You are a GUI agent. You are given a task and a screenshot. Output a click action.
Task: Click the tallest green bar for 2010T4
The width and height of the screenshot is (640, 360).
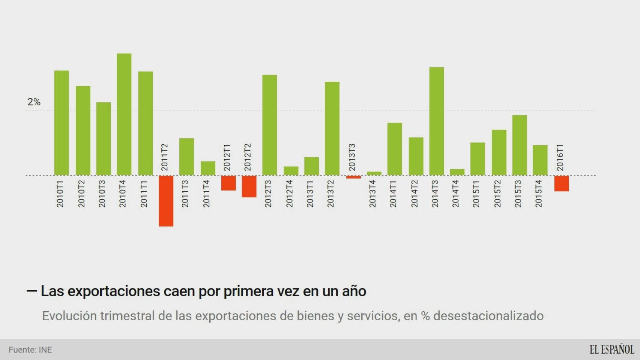click(124, 114)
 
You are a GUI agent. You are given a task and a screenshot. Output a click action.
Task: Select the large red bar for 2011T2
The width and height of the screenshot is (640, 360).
click(166, 201)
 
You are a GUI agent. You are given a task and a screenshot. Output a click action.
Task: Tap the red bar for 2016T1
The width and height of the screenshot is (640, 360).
click(562, 184)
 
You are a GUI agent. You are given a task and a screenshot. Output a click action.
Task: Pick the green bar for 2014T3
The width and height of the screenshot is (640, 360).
click(436, 121)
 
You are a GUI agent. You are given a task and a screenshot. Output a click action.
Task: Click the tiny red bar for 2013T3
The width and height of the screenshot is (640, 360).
click(353, 177)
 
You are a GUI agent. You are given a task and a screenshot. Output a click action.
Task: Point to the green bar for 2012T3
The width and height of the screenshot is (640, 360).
click(269, 125)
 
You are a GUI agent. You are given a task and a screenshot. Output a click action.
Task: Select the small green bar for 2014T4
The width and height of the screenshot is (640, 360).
click(457, 172)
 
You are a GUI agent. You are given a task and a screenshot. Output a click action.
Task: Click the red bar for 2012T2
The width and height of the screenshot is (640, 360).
click(249, 186)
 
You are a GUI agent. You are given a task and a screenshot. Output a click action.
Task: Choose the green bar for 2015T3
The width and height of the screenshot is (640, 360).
click(520, 145)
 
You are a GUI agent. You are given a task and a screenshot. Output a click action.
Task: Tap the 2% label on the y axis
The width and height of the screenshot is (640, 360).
click(34, 102)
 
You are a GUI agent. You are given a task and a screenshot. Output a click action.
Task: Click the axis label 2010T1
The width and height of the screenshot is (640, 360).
click(60, 194)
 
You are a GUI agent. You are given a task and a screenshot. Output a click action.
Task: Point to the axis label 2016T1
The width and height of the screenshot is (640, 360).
click(560, 157)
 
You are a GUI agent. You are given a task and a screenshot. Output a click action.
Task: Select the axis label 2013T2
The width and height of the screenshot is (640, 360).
click(331, 194)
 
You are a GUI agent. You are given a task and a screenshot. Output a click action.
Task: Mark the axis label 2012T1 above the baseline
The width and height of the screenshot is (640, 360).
click(227, 157)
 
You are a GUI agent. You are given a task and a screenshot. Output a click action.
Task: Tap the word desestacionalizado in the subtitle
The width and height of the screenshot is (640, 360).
click(488, 316)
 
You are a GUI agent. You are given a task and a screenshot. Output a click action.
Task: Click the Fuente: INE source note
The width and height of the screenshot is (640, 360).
click(30, 350)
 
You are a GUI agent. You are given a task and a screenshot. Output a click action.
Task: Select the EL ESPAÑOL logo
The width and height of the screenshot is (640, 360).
click(611, 349)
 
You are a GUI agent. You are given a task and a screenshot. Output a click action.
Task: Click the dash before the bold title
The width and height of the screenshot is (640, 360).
click(32, 291)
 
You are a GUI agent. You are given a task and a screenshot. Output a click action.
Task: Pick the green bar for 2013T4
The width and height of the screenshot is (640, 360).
click(374, 174)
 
